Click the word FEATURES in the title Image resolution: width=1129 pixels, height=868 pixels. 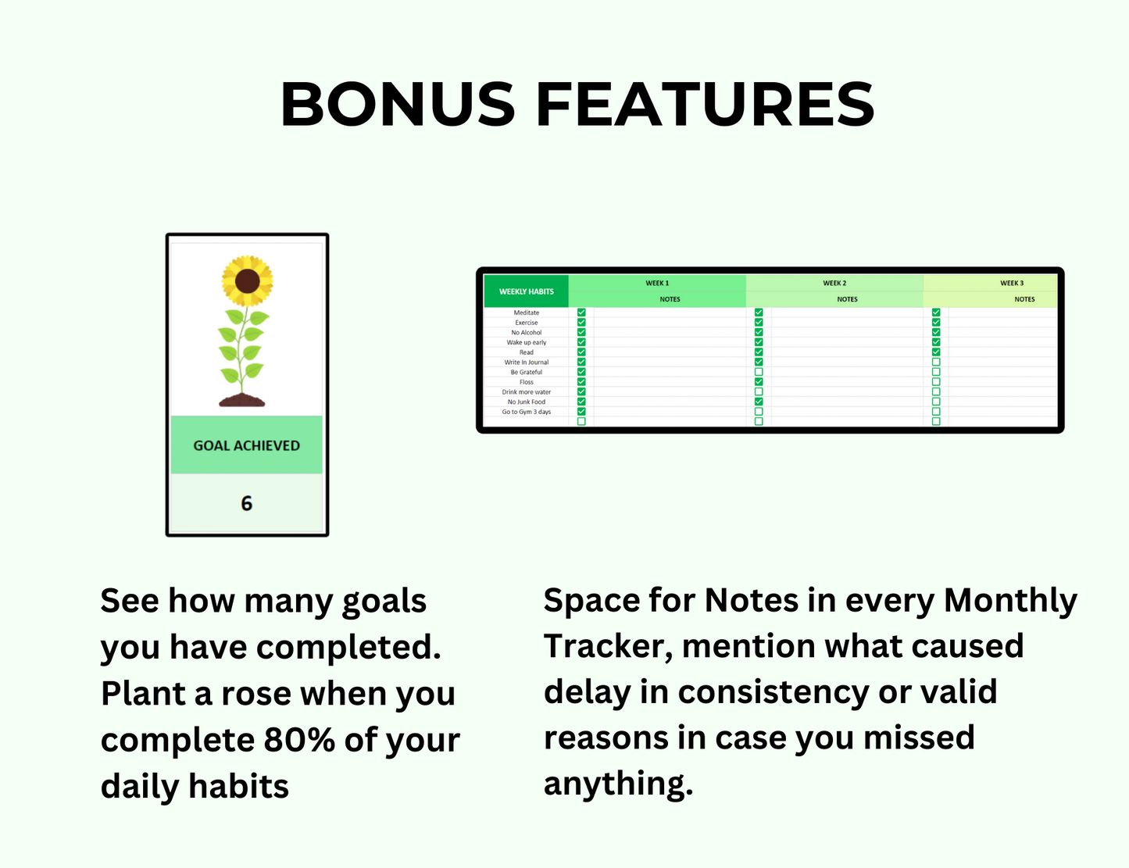tap(705, 105)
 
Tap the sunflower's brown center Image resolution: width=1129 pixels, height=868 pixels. tap(247, 280)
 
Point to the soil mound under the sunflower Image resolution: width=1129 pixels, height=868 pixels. tap(242, 401)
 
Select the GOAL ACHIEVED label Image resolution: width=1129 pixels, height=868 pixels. tap(246, 445)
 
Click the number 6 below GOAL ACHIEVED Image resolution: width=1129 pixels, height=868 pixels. tap(246, 504)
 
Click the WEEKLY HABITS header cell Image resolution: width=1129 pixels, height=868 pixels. tap(526, 291)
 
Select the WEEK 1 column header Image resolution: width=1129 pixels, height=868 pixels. tap(657, 283)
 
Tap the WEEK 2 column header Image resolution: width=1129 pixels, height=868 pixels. tap(834, 283)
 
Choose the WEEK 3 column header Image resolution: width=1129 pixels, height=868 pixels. tap(1012, 283)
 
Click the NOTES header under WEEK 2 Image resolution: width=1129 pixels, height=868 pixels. tap(847, 299)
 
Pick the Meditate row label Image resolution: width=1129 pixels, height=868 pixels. tap(526, 313)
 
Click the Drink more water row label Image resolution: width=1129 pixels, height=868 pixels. tap(526, 392)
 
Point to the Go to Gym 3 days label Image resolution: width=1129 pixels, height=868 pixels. tap(526, 412)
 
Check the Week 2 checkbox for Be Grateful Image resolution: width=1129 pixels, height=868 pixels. tap(759, 372)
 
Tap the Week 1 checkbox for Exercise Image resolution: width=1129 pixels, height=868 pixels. tap(581, 322)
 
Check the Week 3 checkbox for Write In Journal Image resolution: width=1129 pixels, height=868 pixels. tap(936, 362)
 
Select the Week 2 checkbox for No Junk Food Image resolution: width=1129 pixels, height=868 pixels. tap(759, 402)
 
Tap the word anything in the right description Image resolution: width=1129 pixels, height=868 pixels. tap(617, 784)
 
